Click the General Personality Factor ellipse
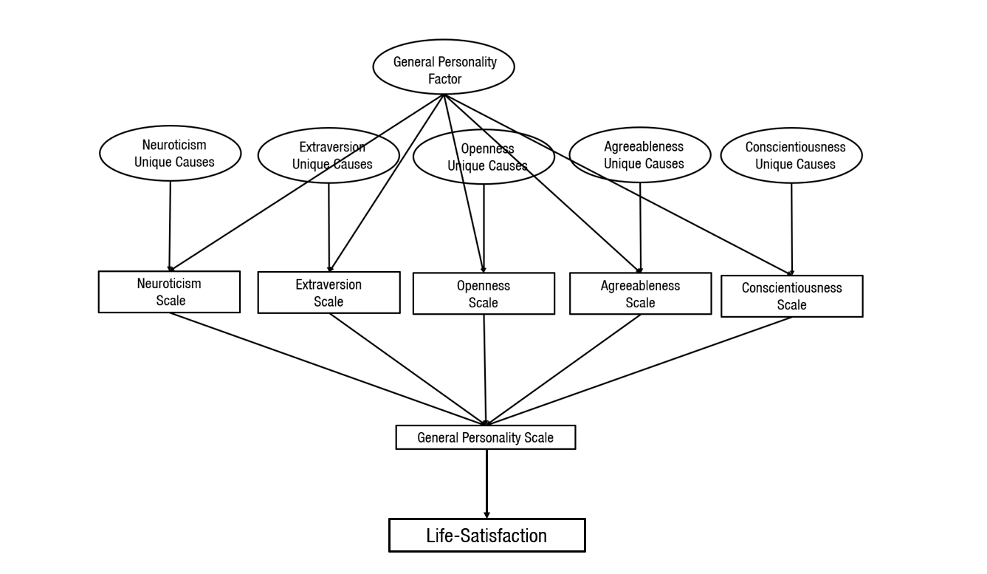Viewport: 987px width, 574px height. point(444,66)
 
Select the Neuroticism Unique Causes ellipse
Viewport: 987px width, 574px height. point(171,153)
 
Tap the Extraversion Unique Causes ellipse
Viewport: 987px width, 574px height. point(329,156)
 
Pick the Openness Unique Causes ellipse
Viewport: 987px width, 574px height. point(484,157)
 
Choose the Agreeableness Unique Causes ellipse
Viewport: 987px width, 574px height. point(640,154)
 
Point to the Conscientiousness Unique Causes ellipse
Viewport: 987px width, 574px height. point(791,155)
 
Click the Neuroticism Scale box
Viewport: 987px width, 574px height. point(169,292)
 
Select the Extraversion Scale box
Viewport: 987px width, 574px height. point(329,293)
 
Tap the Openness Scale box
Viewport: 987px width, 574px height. point(484,294)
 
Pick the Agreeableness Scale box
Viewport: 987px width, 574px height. point(640,294)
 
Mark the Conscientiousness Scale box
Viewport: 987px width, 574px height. point(791,296)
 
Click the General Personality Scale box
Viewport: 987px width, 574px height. point(485,437)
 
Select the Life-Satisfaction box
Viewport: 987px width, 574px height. point(486,536)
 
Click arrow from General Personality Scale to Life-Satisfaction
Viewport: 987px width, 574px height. point(486,484)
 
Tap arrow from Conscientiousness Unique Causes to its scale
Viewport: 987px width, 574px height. point(791,229)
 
